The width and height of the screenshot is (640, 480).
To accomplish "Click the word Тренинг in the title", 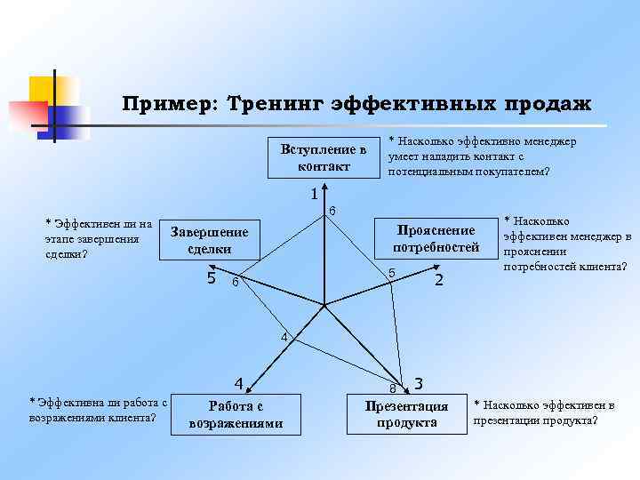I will click(x=274, y=104).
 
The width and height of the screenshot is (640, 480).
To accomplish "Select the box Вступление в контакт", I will click(x=324, y=157).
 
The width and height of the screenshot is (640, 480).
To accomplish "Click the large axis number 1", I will click(x=314, y=194).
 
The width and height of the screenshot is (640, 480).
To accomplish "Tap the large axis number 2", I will click(x=437, y=281).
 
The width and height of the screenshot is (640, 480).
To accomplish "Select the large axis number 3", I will click(x=418, y=384).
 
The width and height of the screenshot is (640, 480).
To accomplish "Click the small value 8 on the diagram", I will click(x=391, y=388).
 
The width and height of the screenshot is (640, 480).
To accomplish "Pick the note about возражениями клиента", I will click(x=98, y=411).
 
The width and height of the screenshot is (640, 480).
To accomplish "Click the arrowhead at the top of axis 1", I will click(x=325, y=189).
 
